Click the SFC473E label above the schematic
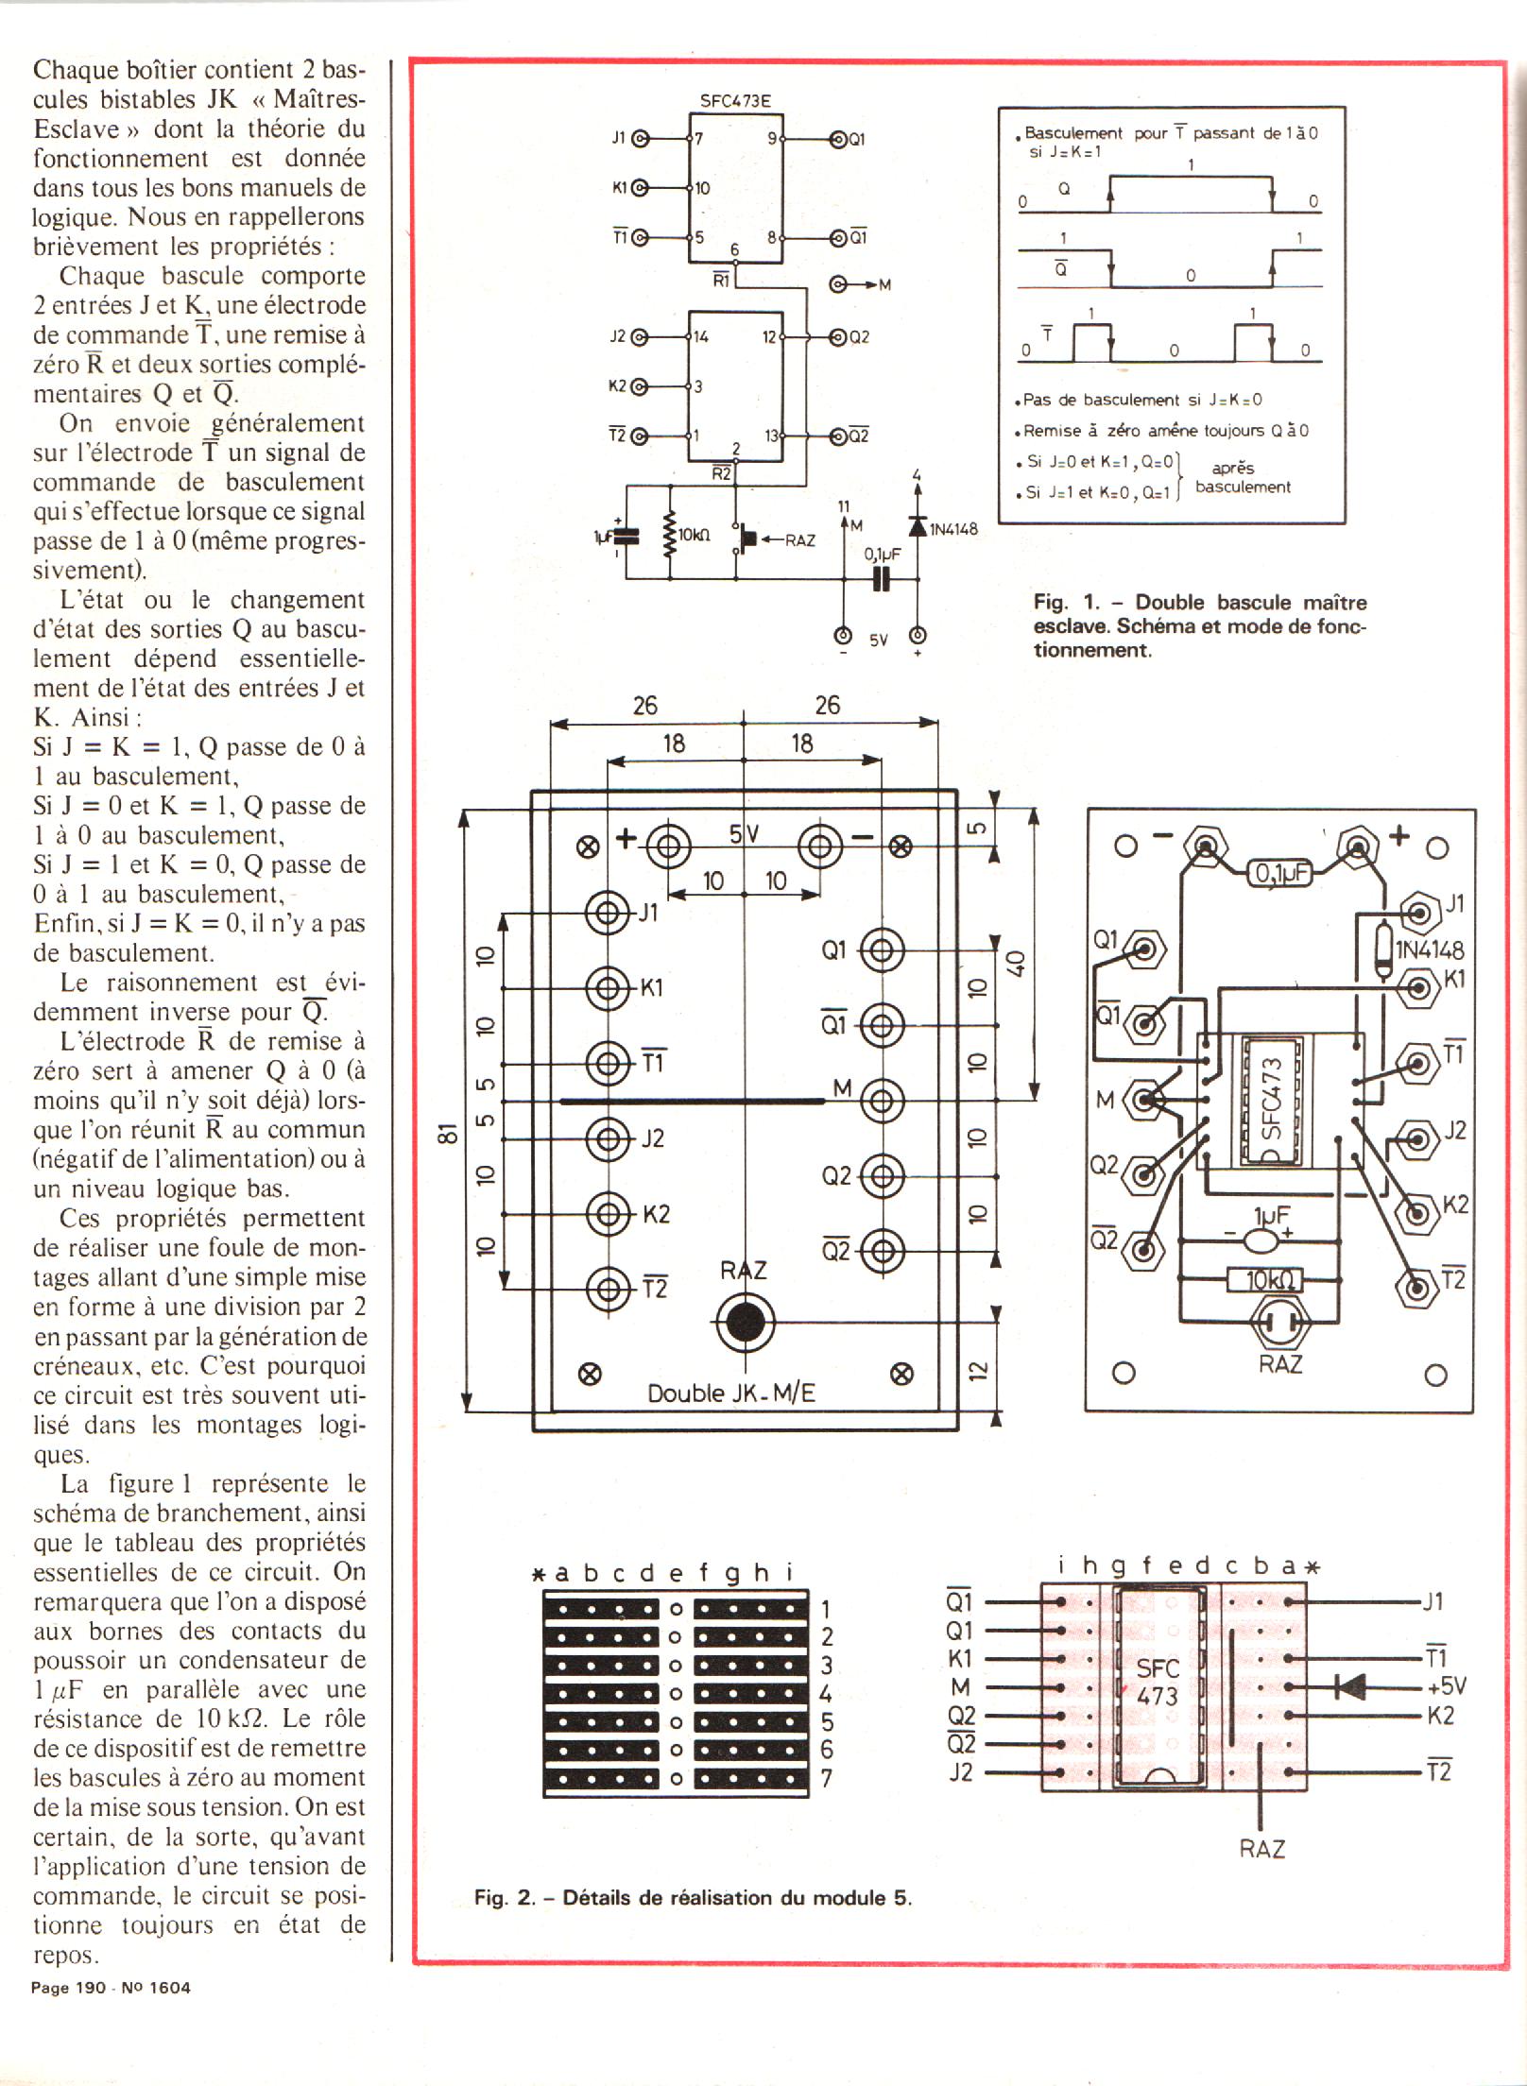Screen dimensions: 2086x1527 click(735, 101)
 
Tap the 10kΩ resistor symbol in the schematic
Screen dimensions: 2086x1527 click(670, 535)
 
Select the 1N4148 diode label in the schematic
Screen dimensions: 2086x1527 click(953, 529)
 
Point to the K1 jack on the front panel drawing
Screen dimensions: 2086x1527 click(607, 988)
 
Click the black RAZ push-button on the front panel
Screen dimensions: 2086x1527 click(745, 1323)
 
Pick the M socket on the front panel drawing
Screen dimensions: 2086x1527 click(881, 1101)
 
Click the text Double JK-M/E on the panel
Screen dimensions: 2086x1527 click(730, 1394)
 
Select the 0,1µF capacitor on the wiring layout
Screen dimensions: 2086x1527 click(1281, 874)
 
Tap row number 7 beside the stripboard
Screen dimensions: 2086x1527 click(826, 1779)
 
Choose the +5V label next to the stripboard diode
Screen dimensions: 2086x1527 click(1446, 1686)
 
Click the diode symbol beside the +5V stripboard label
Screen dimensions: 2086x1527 click(1351, 1686)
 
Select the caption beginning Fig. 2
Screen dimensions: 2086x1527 click(693, 1897)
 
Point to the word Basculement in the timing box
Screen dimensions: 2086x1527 click(1073, 133)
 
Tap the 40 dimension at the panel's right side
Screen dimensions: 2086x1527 click(1016, 964)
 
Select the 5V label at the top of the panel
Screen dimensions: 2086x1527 click(744, 834)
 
